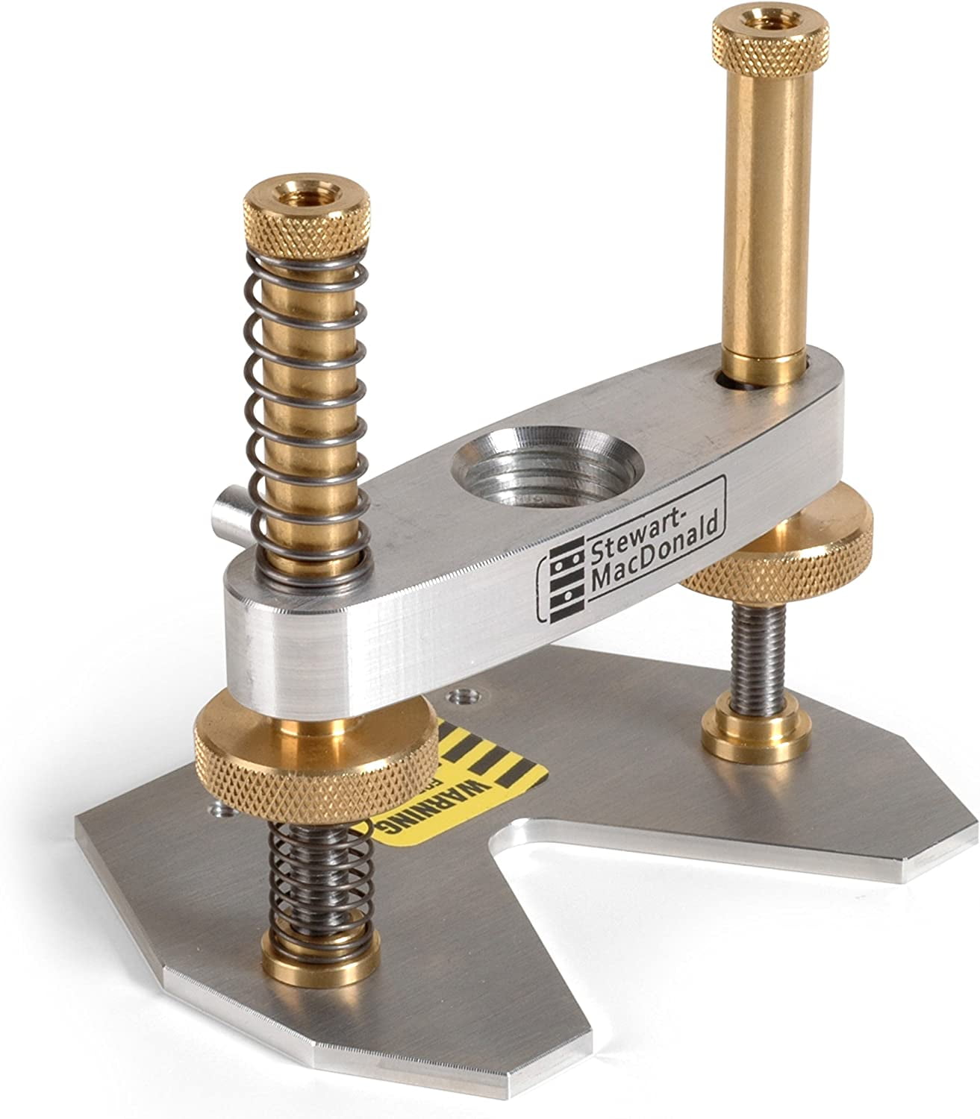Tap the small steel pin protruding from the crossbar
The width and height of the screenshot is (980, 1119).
pyautogui.click(x=227, y=515)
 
